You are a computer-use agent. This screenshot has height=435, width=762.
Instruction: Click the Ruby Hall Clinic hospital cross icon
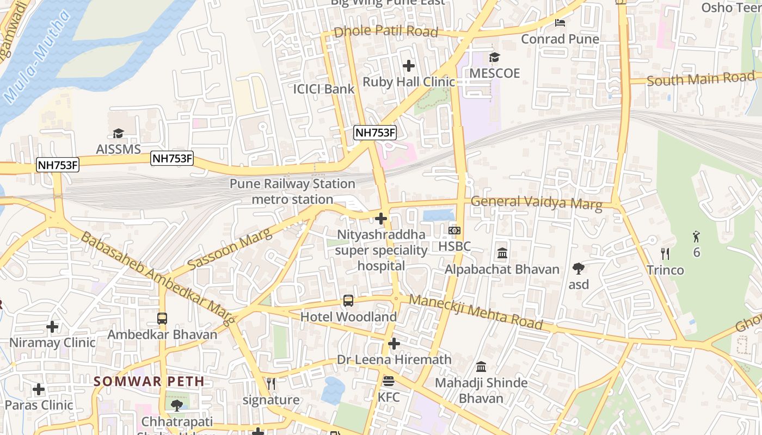tap(408, 66)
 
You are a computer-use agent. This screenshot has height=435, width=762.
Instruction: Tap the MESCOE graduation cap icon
tap(494, 58)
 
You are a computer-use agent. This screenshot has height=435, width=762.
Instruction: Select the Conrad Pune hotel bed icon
tap(560, 23)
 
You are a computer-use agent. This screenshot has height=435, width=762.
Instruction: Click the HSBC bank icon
tap(454, 231)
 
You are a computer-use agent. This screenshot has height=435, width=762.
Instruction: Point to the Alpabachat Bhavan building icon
tap(502, 253)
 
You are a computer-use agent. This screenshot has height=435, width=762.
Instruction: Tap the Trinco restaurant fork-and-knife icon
tap(665, 253)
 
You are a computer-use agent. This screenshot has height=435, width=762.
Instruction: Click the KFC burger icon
tap(388, 381)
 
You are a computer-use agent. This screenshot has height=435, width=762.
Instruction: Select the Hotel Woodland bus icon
tap(348, 300)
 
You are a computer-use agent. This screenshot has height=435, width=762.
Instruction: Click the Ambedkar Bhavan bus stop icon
tap(162, 318)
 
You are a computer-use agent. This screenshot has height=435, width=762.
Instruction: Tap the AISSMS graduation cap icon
tap(118, 133)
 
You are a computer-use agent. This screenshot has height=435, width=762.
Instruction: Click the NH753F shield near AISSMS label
tap(172, 158)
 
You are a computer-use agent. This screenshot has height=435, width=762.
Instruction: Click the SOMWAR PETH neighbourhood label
tap(149, 381)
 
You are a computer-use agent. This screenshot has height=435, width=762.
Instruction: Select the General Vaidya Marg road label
tap(536, 202)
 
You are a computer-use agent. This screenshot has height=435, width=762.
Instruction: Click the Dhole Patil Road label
tap(385, 32)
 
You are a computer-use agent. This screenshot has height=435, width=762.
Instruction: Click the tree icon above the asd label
tap(579, 268)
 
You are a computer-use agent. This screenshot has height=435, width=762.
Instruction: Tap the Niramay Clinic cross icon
tap(52, 327)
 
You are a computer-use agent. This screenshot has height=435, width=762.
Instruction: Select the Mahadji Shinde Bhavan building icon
tap(481, 366)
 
